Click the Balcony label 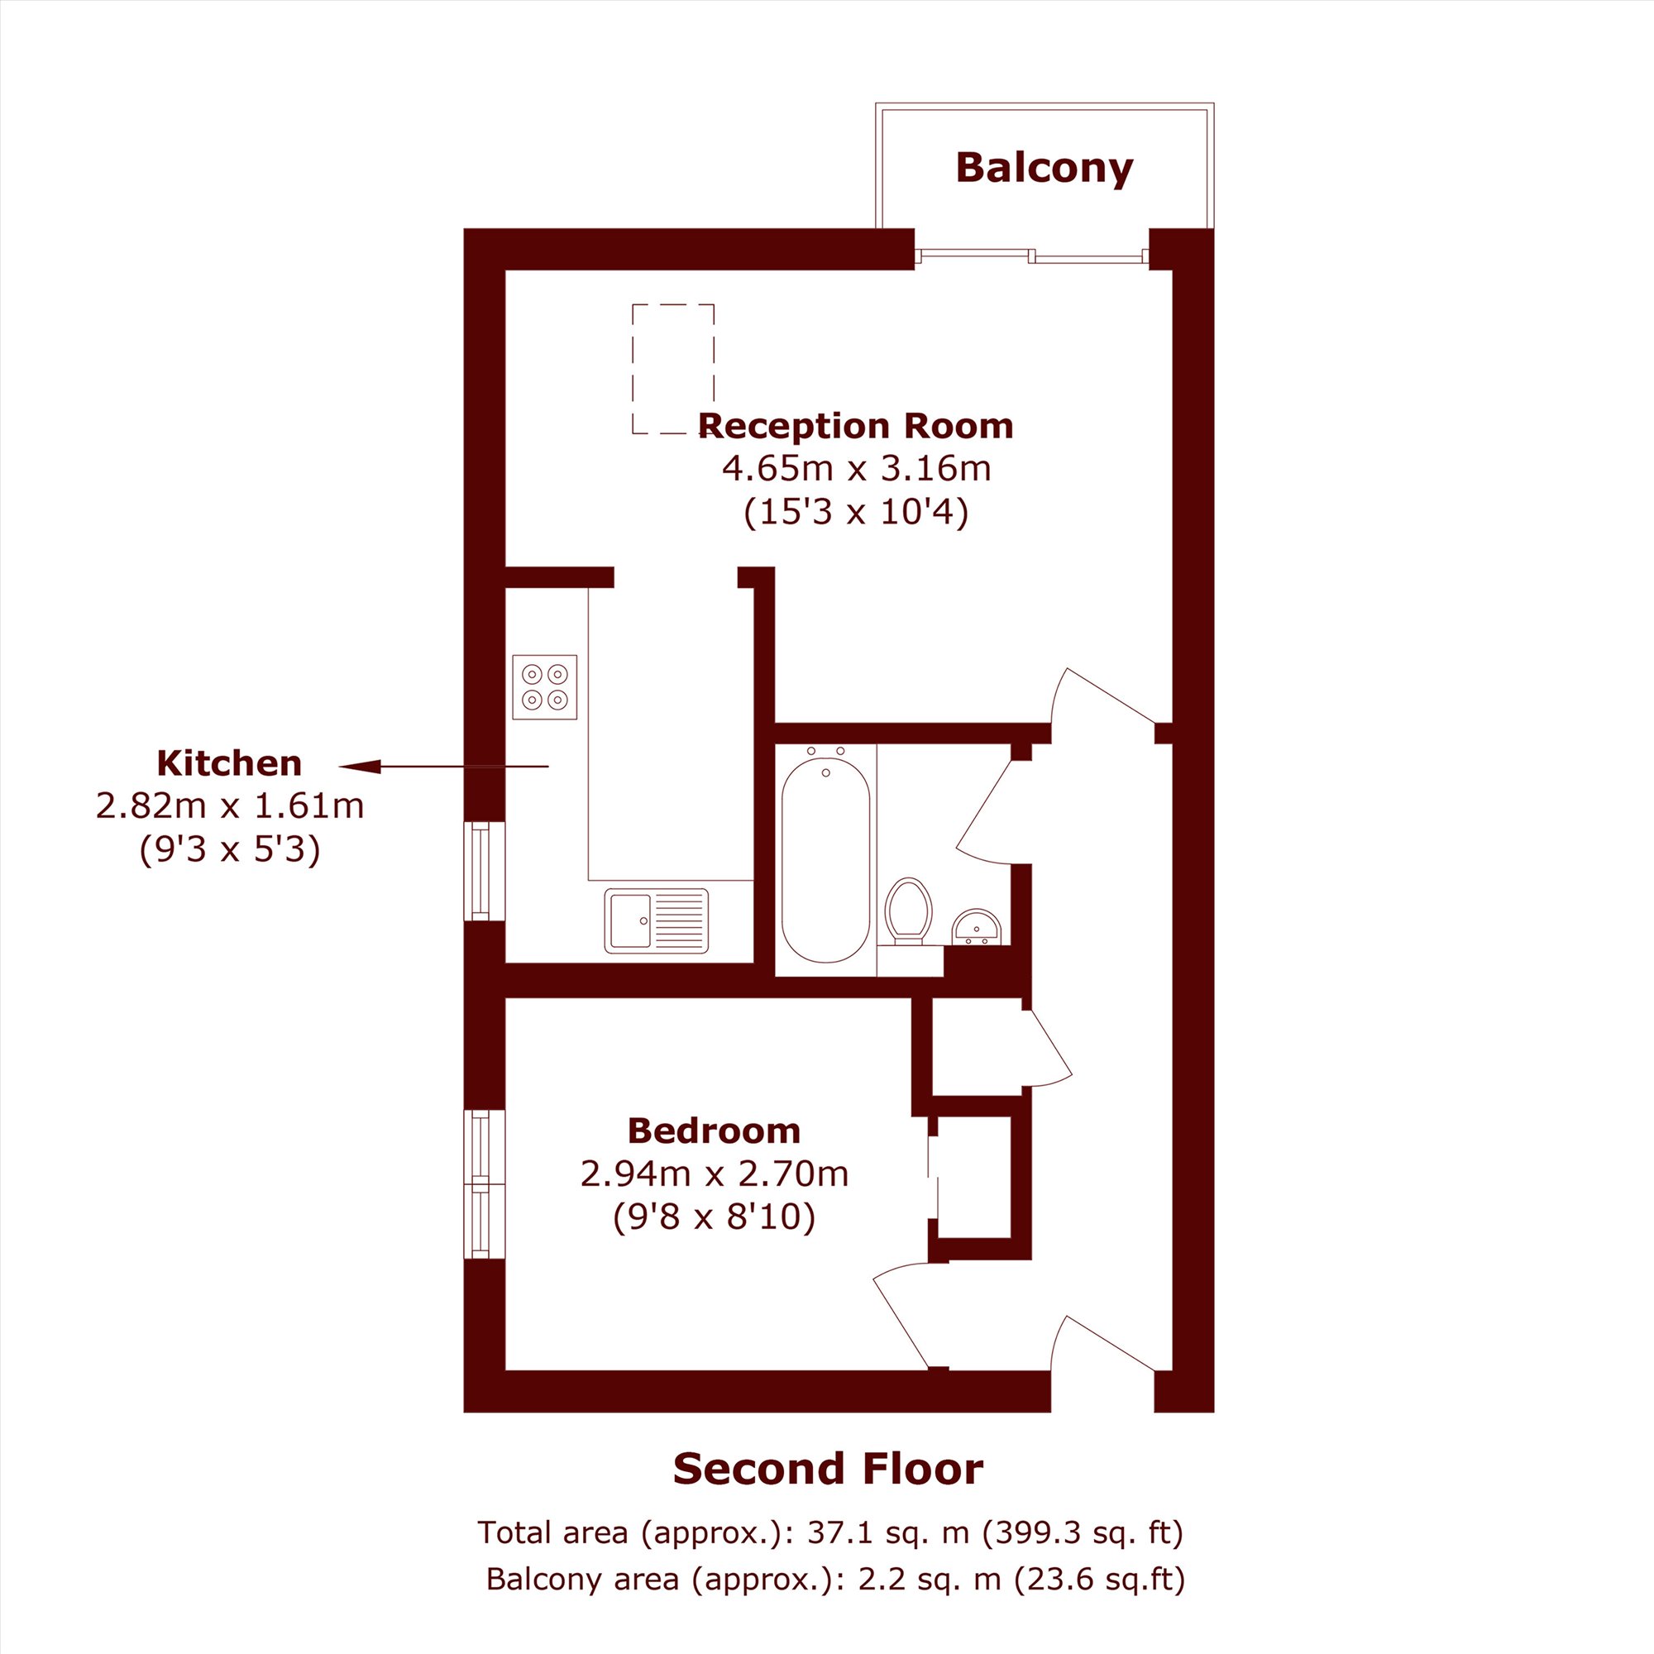[1044, 168]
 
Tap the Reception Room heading [855, 425]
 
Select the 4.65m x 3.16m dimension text [856, 468]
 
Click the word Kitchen [229, 762]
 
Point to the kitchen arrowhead [361, 767]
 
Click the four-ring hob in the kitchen [544, 686]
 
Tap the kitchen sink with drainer [657, 920]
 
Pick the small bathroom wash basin [976, 927]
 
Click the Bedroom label [714, 1131]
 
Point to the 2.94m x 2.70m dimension [714, 1174]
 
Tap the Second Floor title [828, 1468]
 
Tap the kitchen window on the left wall [485, 872]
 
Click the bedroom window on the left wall [485, 1184]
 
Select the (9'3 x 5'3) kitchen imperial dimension [229, 849]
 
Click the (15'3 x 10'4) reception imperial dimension [856, 512]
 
